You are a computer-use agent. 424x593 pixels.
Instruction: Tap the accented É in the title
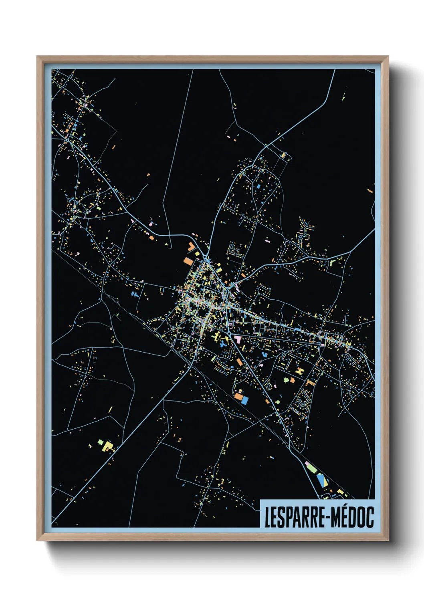[339, 517]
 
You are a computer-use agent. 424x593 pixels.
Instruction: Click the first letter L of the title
[268, 517]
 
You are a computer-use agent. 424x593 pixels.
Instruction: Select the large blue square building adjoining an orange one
[244, 400]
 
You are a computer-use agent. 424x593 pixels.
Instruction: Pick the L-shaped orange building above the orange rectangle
[192, 246]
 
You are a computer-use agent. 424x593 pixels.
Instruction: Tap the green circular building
[277, 401]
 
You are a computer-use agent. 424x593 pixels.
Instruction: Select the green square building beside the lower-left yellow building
[100, 442]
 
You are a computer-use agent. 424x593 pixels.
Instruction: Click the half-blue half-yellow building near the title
[321, 480]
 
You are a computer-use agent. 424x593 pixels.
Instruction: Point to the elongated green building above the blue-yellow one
[310, 466]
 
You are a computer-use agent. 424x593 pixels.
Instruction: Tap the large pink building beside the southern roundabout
[238, 339]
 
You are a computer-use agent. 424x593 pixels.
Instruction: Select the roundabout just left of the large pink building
[229, 333]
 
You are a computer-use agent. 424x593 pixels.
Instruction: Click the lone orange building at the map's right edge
[370, 191]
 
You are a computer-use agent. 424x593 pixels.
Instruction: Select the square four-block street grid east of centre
[260, 329]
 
